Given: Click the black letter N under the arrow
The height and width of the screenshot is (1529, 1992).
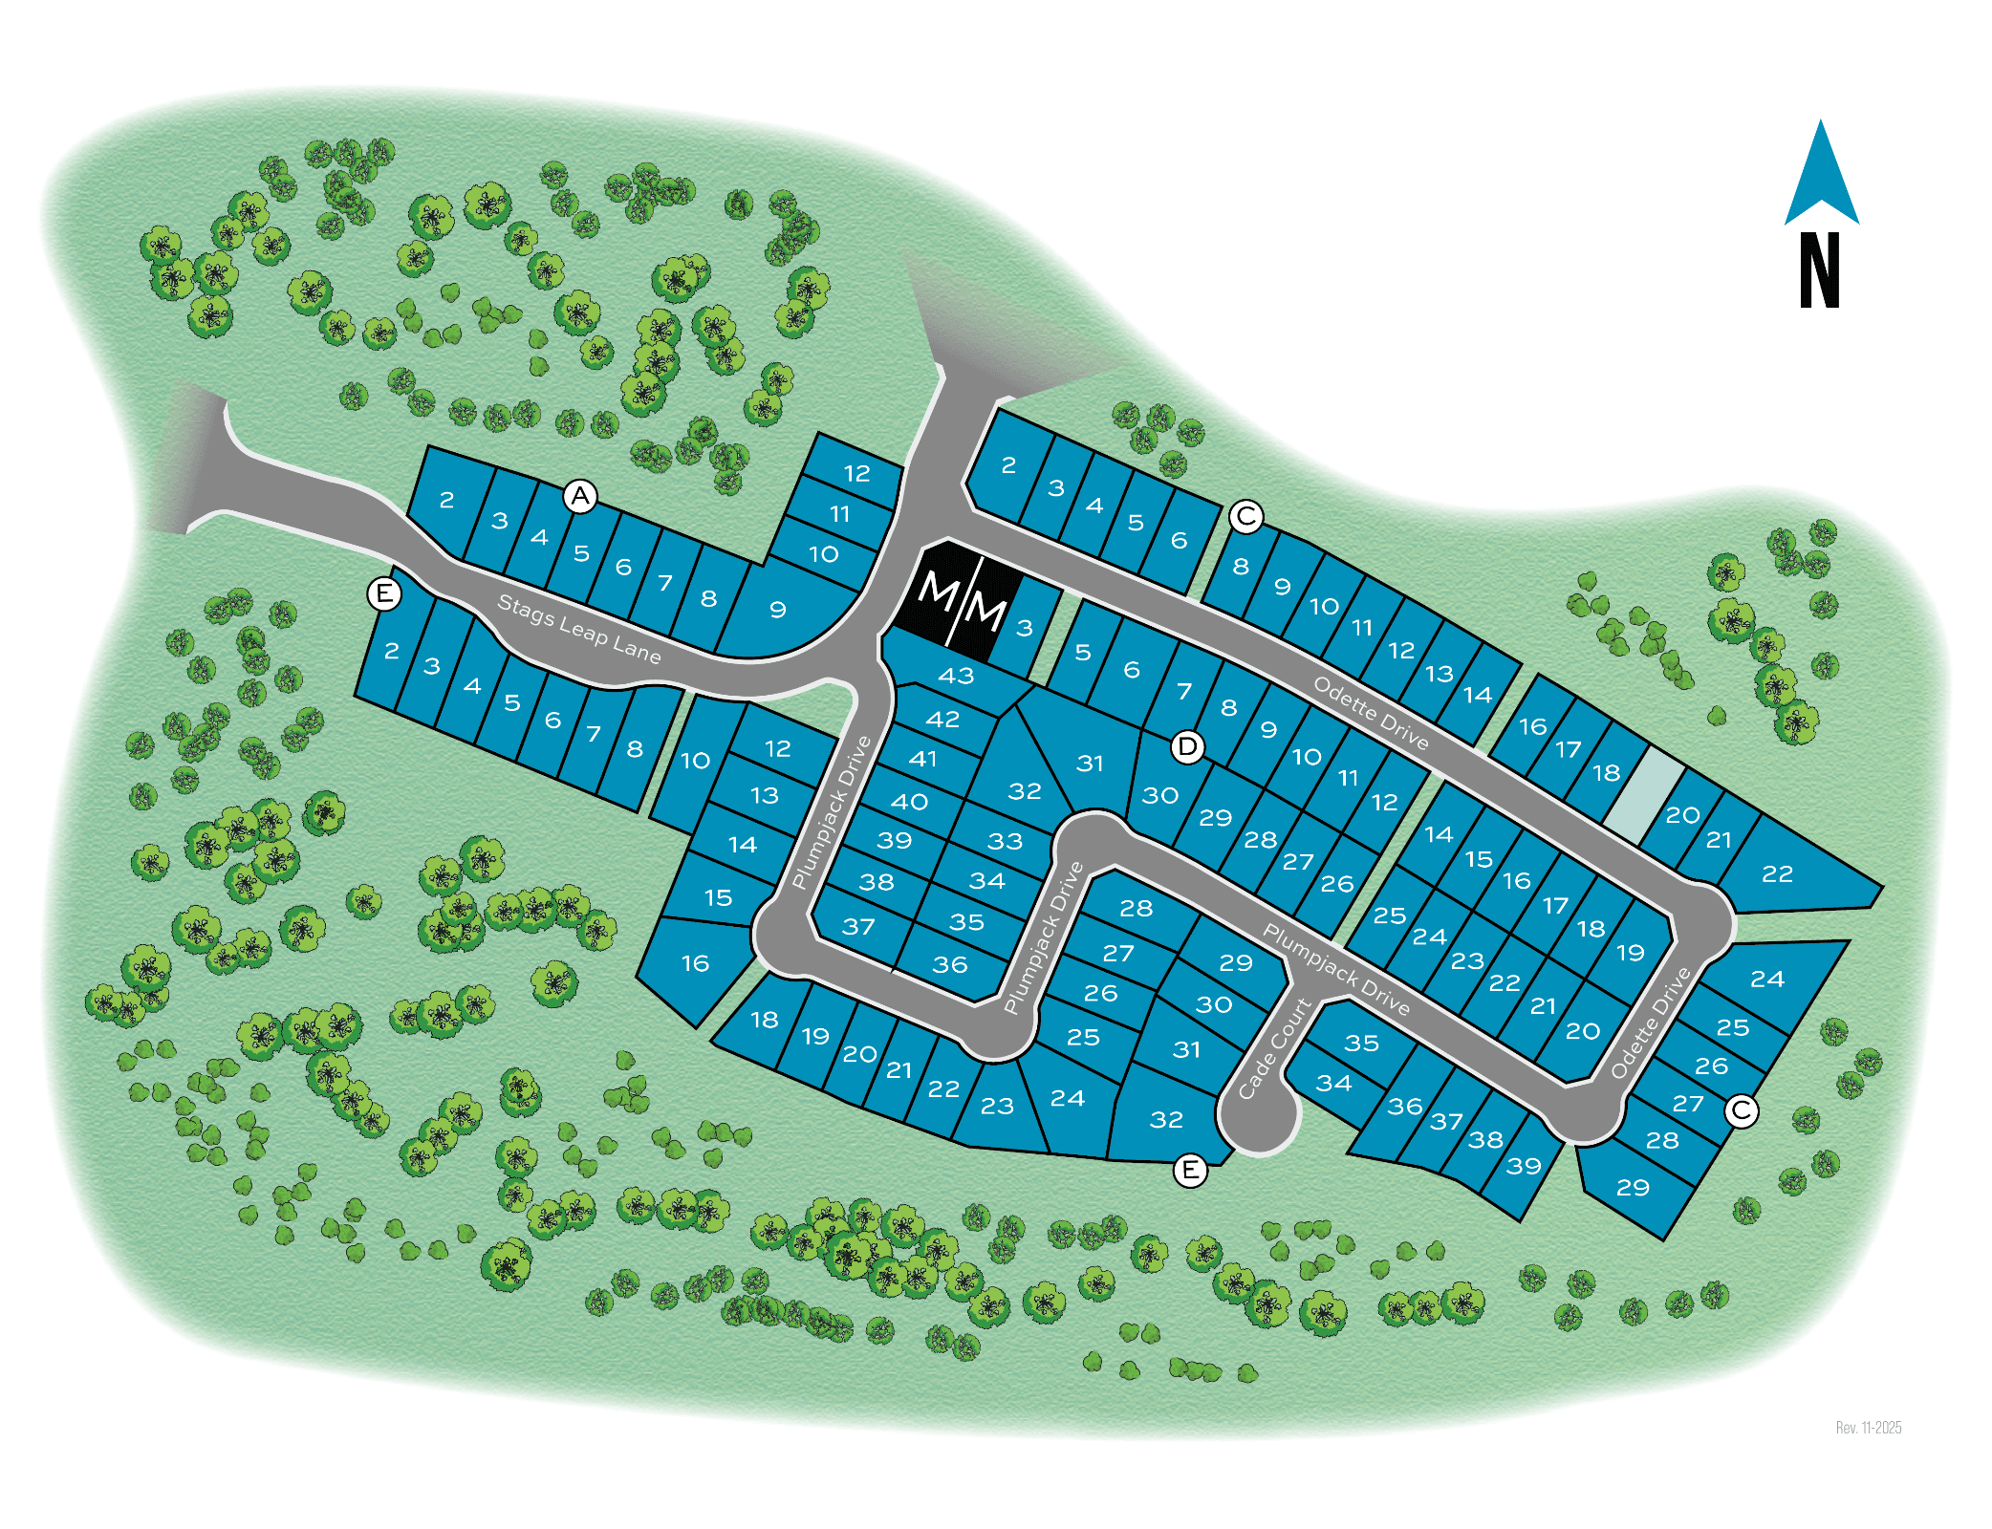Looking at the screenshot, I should point(1819,270).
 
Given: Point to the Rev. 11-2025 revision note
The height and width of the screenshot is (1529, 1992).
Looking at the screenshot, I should point(1868,1428).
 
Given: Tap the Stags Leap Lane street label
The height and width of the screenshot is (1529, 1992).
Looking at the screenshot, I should point(579,629).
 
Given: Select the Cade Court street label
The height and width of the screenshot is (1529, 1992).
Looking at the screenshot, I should point(1275,1048).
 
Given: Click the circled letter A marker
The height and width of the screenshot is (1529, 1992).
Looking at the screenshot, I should point(580,496).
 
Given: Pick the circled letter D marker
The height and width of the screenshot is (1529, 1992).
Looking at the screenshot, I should point(1187,746).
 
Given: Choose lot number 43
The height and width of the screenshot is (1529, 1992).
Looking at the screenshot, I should point(956,676).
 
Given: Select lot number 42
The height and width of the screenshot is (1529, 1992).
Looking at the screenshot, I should point(942,719).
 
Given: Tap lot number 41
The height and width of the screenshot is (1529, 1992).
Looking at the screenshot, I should point(922,759).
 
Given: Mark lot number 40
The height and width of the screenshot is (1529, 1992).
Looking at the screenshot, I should point(909,801).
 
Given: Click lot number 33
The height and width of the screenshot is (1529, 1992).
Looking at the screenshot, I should point(1005,841).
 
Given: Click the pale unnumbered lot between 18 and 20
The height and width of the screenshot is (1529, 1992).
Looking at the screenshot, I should point(1644,793).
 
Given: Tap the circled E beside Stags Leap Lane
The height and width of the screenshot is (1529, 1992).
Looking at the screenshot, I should point(384,593).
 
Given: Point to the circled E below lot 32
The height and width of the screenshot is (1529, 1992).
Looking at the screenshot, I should point(1190,1170).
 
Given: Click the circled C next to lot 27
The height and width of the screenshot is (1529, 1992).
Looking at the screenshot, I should point(1742,1110).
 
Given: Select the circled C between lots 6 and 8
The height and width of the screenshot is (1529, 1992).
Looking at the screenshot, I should point(1245,516).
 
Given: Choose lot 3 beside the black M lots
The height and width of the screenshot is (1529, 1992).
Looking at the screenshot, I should point(1025,628).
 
